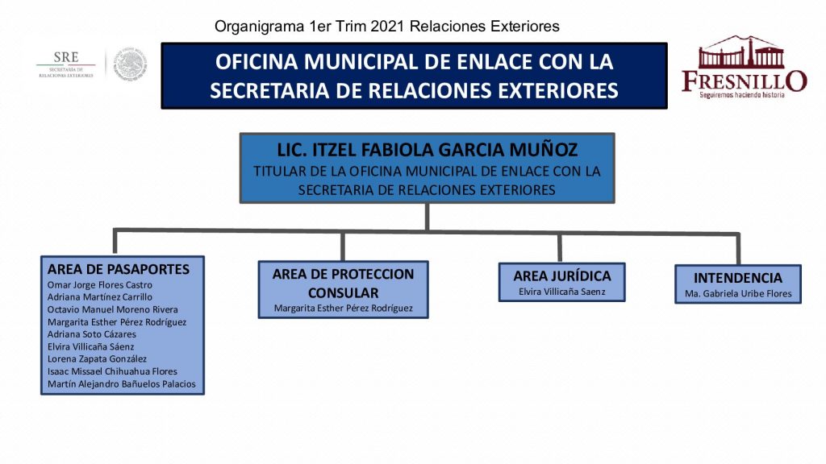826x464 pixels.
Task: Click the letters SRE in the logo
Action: (x=66, y=58)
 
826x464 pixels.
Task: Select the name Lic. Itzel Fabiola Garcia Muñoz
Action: (x=427, y=150)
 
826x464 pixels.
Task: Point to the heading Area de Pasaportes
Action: (x=119, y=269)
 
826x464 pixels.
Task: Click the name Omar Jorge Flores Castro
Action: (x=100, y=284)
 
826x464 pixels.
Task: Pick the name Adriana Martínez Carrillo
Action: (x=100, y=296)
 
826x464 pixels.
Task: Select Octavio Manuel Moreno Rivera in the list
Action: (x=113, y=309)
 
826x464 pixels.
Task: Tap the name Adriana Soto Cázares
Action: (x=92, y=333)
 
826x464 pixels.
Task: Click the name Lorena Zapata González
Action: (x=102, y=358)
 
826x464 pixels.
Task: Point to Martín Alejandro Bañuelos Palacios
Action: (x=122, y=384)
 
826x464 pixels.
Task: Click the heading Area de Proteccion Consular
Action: (x=343, y=283)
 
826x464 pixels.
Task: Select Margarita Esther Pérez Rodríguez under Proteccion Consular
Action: (x=343, y=308)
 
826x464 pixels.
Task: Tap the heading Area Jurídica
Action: (x=561, y=275)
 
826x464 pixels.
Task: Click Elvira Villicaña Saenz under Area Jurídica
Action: (x=561, y=292)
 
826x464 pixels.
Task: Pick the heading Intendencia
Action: (x=738, y=278)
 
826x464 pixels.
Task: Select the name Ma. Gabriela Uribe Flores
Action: (x=738, y=293)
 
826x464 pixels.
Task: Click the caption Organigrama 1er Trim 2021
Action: (x=387, y=27)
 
